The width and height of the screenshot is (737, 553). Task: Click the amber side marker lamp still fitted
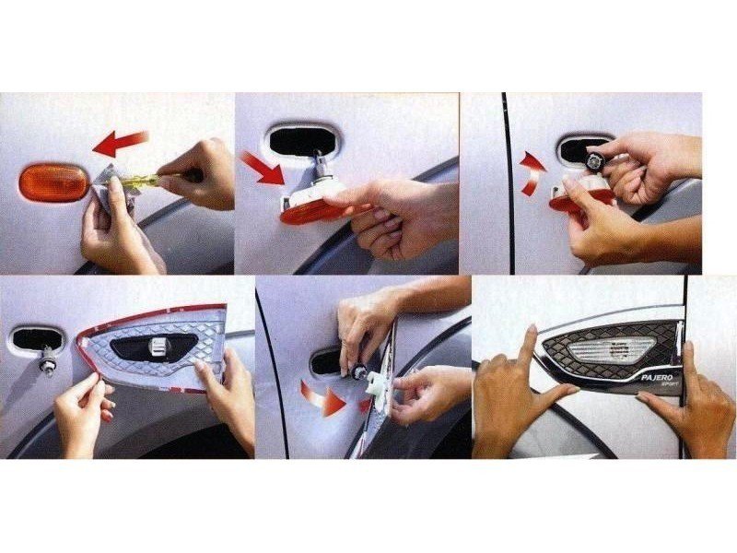[x=53, y=182]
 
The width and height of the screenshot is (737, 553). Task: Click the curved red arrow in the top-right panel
[x=532, y=172]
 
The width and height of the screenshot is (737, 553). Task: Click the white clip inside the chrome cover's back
[x=158, y=348]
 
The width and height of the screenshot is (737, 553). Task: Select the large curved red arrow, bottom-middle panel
[x=323, y=399]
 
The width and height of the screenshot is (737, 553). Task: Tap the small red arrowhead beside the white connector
[x=365, y=406]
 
